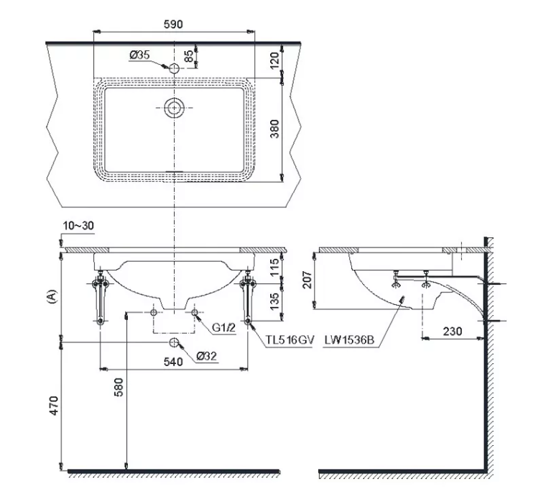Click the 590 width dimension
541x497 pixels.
[173, 24]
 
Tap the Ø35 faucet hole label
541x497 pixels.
[139, 55]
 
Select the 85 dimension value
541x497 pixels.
[189, 56]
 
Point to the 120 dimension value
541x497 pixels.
[274, 60]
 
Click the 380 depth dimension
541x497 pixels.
[274, 129]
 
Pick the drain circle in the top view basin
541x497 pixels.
[174, 107]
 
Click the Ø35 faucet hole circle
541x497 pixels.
[175, 68]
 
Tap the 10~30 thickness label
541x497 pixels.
[78, 226]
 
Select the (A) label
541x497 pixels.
[51, 296]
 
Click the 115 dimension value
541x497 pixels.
[274, 267]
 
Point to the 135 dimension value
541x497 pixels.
[274, 301]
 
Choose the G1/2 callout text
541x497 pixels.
[223, 327]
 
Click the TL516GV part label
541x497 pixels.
[290, 340]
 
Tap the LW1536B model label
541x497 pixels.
[349, 340]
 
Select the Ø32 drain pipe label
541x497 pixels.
[207, 356]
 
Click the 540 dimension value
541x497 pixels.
[173, 362]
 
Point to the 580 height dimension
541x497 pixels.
[119, 387]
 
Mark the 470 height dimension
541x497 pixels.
[54, 406]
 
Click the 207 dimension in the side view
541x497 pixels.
[307, 280]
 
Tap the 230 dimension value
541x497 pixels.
[453, 332]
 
